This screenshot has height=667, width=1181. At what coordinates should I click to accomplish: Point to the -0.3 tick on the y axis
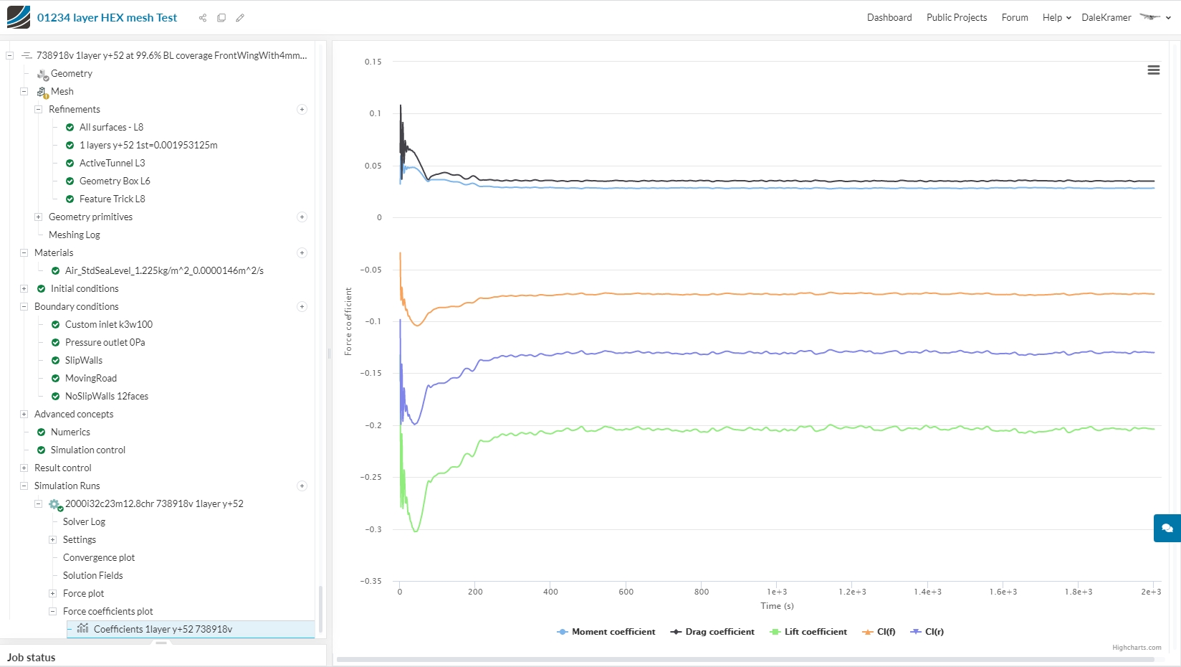click(373, 529)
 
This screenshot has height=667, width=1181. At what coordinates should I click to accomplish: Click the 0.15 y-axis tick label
click(373, 62)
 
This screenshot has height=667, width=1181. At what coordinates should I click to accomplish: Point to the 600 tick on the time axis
click(626, 592)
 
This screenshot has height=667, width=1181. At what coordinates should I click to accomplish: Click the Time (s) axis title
click(777, 606)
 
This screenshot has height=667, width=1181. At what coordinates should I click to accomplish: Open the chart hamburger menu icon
click(1154, 70)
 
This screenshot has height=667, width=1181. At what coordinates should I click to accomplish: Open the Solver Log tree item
click(84, 521)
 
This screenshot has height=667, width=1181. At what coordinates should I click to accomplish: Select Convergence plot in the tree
click(99, 557)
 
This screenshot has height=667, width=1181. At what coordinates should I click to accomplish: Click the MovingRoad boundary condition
click(90, 378)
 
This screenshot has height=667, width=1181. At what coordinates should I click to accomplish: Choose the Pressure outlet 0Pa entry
click(105, 342)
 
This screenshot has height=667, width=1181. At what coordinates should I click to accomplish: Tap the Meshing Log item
click(75, 235)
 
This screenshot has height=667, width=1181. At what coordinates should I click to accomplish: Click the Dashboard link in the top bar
click(889, 17)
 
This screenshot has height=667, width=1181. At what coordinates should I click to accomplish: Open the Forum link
click(1015, 17)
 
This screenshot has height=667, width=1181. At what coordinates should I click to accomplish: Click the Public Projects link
click(957, 17)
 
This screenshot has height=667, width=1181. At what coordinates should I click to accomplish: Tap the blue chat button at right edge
click(1167, 528)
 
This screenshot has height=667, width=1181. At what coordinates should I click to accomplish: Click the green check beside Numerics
click(41, 432)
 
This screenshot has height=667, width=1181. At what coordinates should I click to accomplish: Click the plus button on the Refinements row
click(302, 110)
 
